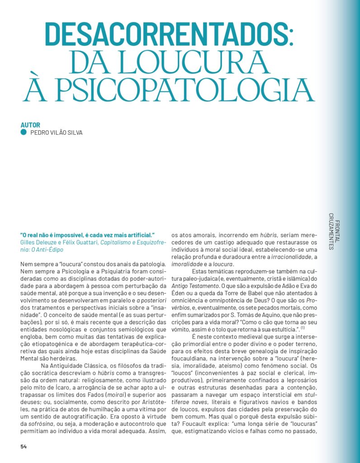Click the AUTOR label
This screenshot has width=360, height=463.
click(x=30, y=125)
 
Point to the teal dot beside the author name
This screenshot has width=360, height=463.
click(x=23, y=132)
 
